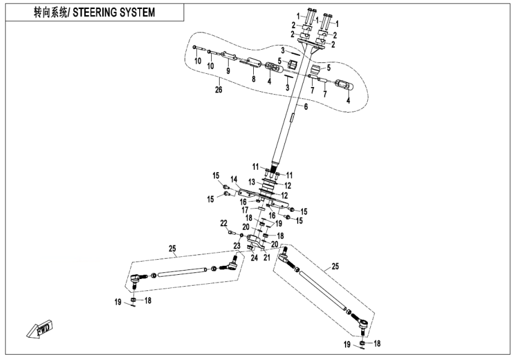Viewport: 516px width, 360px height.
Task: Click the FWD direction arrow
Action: tap(38, 330)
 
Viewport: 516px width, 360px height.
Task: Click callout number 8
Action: tap(253, 78)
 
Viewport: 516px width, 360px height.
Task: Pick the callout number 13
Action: tap(253, 181)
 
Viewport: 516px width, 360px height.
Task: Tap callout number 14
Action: tap(234, 179)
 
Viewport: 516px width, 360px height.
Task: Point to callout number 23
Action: tap(236, 246)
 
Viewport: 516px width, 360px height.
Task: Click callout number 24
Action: tap(254, 257)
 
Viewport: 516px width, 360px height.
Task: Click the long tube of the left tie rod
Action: tap(184, 272)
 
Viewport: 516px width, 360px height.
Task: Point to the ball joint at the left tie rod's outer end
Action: tap(137, 279)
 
